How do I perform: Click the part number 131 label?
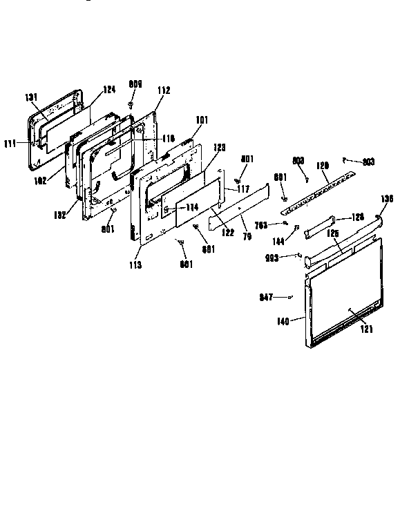(x=32, y=98)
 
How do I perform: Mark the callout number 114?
(x=191, y=207)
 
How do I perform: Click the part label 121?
(x=365, y=330)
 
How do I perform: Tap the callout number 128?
(x=356, y=217)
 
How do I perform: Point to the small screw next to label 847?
(x=290, y=297)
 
